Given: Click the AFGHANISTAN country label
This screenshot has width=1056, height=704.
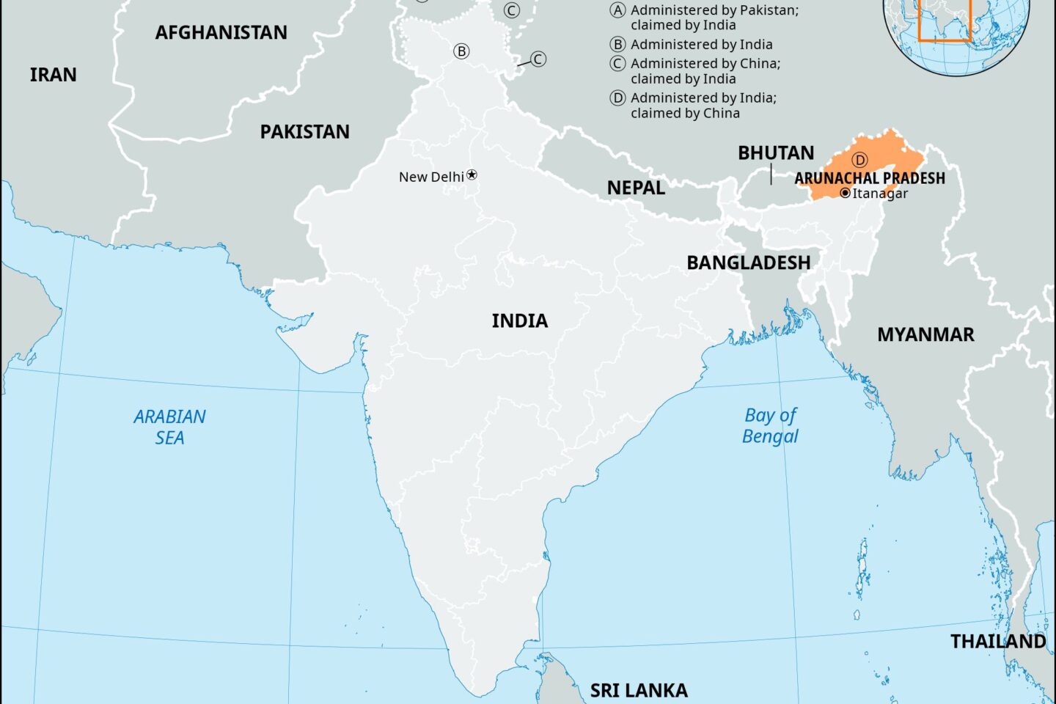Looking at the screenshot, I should pyautogui.click(x=221, y=32).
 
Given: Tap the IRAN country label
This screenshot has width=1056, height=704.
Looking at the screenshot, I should pyautogui.click(x=53, y=75).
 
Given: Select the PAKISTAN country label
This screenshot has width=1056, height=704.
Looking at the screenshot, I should pyautogui.click(x=304, y=132).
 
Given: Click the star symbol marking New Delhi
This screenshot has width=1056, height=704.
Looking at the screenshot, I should pyautogui.click(x=472, y=175).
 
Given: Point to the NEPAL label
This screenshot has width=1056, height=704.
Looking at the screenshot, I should pyautogui.click(x=636, y=188).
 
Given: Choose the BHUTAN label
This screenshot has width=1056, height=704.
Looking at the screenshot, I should pyautogui.click(x=775, y=153).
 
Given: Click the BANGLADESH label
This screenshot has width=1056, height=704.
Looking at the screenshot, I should pyautogui.click(x=748, y=263).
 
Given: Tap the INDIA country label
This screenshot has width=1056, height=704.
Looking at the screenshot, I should pyautogui.click(x=519, y=320).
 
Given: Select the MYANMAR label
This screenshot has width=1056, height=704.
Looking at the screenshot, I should pyautogui.click(x=925, y=334).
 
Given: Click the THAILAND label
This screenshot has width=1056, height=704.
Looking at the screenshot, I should pyautogui.click(x=997, y=642).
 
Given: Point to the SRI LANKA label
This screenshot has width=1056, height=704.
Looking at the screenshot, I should pyautogui.click(x=639, y=690).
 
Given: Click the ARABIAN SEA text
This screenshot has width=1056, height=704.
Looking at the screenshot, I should pyautogui.click(x=169, y=427).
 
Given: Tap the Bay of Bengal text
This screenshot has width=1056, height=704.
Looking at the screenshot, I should pyautogui.click(x=770, y=425).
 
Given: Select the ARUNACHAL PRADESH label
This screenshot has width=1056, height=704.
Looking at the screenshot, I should pyautogui.click(x=870, y=178).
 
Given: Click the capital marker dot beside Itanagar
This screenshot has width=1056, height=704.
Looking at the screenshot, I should pyautogui.click(x=845, y=193).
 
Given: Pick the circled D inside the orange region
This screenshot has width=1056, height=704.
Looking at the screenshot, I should pyautogui.click(x=859, y=160).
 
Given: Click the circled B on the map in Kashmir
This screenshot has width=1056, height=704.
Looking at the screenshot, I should pyautogui.click(x=461, y=51).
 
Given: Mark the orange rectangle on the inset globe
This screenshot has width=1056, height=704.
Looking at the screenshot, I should pyautogui.click(x=945, y=21).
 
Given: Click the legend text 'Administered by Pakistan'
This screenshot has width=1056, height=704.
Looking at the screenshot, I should pyautogui.click(x=714, y=11).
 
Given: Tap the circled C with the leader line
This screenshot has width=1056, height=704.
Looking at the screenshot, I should pyautogui.click(x=538, y=59).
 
